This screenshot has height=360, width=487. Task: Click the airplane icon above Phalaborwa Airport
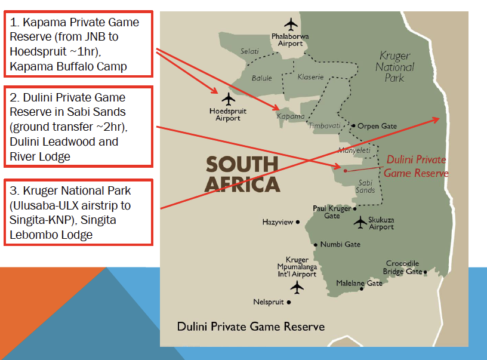click(x=291, y=24)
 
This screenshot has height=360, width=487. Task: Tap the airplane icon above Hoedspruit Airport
click(x=229, y=99)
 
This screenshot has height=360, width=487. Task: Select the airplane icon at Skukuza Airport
click(x=360, y=222)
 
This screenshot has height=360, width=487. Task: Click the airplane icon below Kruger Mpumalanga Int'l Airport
click(x=297, y=287)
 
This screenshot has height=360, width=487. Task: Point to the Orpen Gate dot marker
click(x=353, y=126)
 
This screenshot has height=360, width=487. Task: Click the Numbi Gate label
click(x=340, y=244)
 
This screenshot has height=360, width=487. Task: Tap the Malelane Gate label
click(x=359, y=283)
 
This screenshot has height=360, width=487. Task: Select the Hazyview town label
click(x=278, y=222)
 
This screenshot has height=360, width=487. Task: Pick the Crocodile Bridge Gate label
click(x=403, y=267)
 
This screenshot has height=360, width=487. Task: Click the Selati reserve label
click(x=249, y=51)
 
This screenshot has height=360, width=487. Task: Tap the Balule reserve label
click(x=261, y=78)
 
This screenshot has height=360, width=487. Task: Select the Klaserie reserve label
click(x=310, y=77)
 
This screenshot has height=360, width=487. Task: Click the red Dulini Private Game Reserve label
click(x=415, y=166)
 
